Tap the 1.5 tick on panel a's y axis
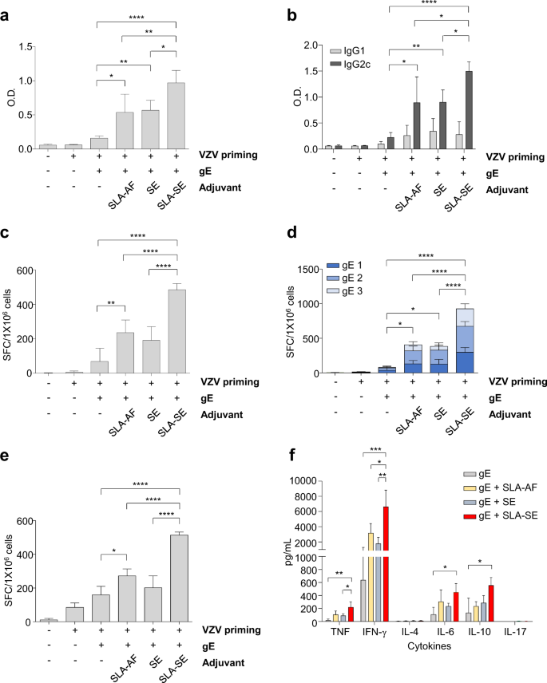point(34,47)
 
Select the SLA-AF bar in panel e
point(125,598)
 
